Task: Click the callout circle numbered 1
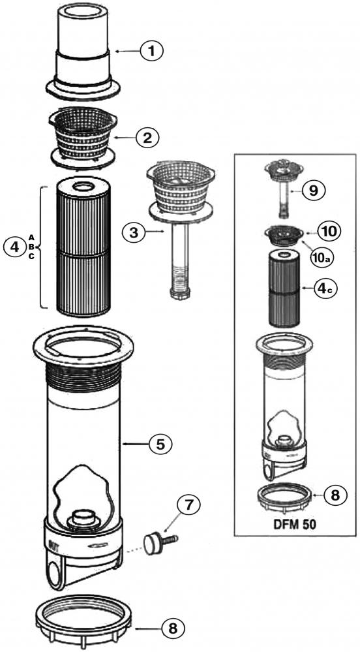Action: (x=151, y=51)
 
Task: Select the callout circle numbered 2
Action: (x=147, y=137)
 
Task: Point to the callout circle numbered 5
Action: (x=160, y=444)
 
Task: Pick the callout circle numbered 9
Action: (x=315, y=191)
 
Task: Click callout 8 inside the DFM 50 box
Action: (x=330, y=495)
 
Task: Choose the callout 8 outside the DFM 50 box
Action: (x=171, y=629)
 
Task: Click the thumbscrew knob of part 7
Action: (x=152, y=542)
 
